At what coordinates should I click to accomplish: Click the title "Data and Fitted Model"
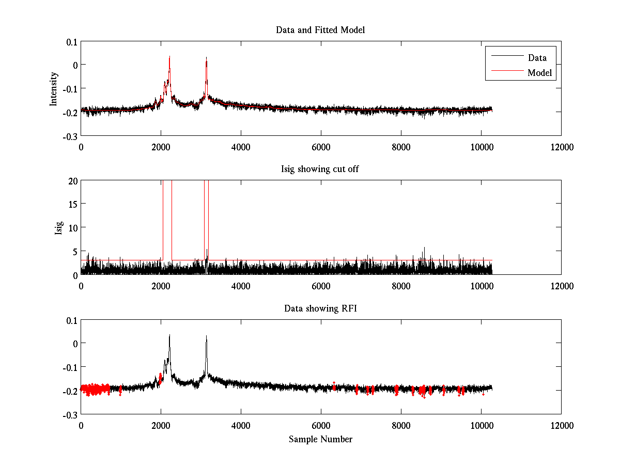click(320, 30)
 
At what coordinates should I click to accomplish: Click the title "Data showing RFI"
click(320, 308)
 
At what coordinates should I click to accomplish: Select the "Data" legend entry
click(537, 58)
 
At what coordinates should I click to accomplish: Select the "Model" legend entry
click(539, 73)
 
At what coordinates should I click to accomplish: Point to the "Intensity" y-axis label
click(54, 89)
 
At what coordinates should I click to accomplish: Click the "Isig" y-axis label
click(58, 228)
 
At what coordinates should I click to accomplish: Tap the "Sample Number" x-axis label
click(320, 439)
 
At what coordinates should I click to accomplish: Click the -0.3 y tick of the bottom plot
click(70, 414)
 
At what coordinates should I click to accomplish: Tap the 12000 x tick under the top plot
click(561, 147)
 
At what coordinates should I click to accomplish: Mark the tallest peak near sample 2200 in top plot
click(169, 57)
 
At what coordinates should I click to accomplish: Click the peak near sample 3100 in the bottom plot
click(206, 337)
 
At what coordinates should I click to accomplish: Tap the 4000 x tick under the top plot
click(241, 147)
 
